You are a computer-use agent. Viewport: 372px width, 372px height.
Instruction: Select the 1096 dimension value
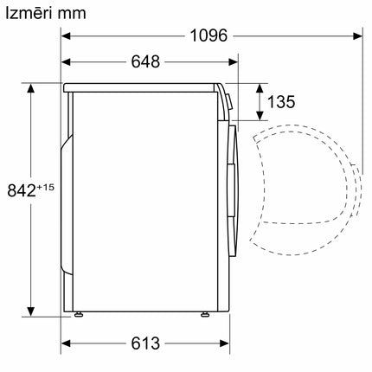[208, 36]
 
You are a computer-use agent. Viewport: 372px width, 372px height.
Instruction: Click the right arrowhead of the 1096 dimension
[357, 36]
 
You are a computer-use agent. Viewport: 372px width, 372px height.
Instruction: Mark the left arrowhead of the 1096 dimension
[67, 36]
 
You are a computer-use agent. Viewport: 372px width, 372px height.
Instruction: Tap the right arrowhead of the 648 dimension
[234, 62]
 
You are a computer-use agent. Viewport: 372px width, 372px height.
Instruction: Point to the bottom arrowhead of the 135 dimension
[260, 116]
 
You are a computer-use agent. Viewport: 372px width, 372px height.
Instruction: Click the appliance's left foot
[79, 316]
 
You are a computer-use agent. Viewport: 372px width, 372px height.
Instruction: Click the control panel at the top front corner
[226, 99]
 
